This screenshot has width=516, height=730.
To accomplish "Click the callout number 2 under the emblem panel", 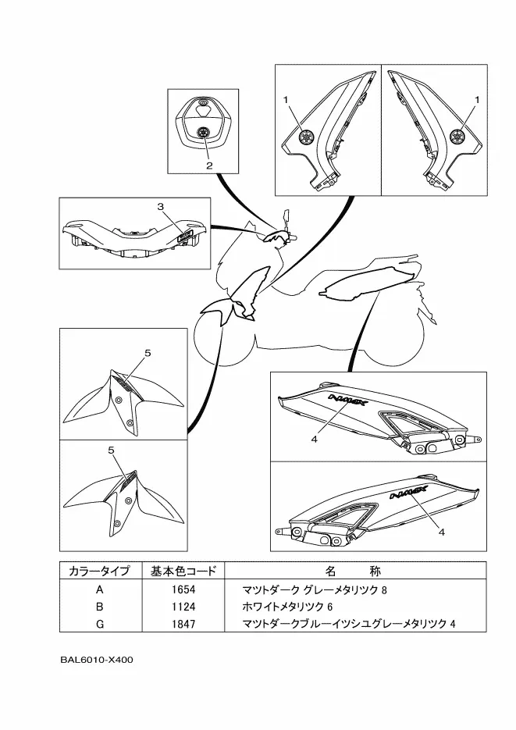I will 209,166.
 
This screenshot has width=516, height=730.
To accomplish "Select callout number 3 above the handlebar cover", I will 160,207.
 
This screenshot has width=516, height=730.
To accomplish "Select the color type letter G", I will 99,624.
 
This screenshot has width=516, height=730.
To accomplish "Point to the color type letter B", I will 99,607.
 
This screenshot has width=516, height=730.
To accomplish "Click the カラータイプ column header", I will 99,571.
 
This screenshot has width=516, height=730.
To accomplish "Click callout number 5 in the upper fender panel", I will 147,354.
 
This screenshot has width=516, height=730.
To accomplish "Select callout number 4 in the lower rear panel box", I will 441,532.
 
